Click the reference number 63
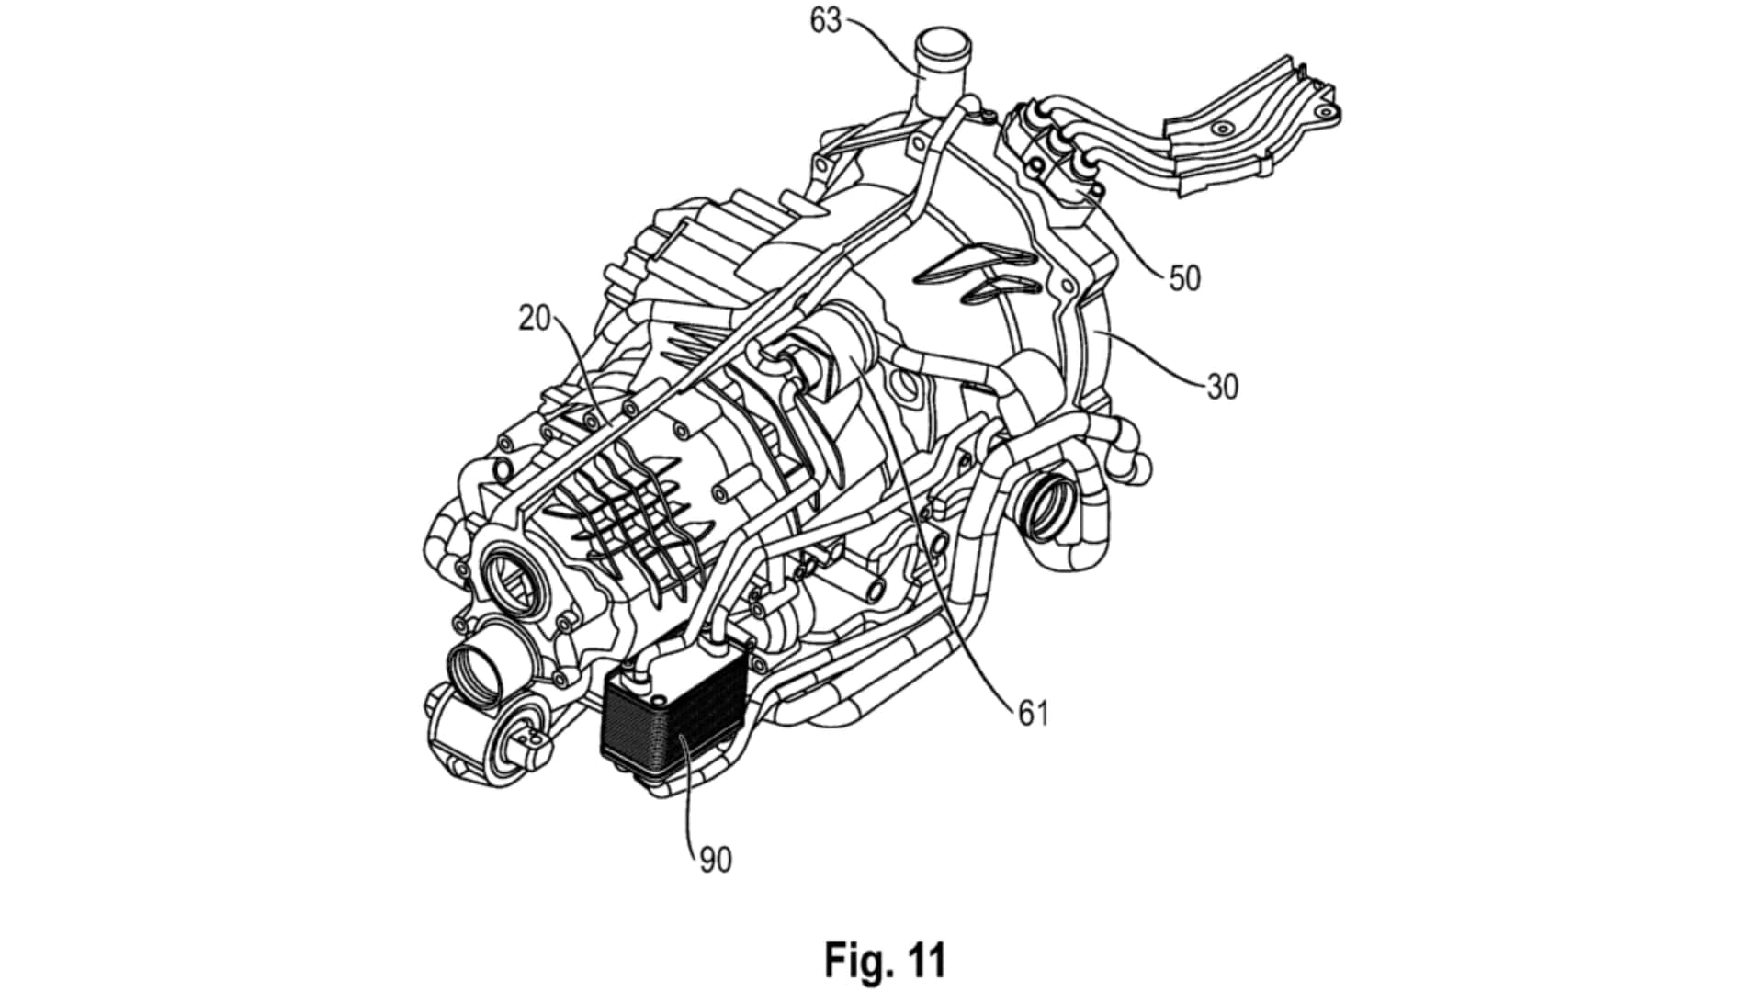point(826,20)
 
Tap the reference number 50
point(1184,277)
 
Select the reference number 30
point(1222,387)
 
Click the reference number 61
point(1033,713)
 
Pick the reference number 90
point(716,860)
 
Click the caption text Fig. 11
point(884,960)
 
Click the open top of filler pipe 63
point(940,42)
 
